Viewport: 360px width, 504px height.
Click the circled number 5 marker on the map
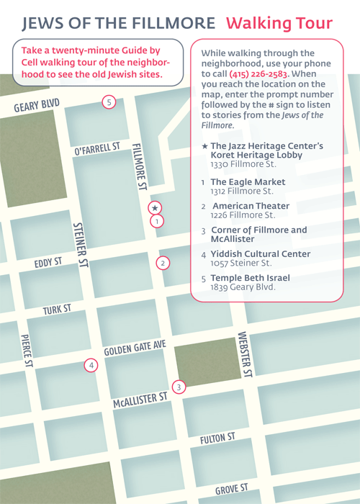pos(108,102)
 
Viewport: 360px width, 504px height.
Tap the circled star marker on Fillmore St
pos(154,208)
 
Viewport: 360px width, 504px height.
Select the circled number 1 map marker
pos(156,222)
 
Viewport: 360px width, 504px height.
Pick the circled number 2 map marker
pos(163,263)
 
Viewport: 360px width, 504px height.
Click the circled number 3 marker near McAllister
pos(180,387)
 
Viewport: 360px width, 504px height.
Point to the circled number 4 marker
pos(91,365)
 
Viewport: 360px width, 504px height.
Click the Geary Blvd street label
pos(35,107)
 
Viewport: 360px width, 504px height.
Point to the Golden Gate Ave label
pos(135,348)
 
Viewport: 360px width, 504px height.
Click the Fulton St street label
pos(217,438)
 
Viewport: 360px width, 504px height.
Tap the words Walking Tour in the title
pos(289,22)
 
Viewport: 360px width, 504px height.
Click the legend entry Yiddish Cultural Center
pos(260,254)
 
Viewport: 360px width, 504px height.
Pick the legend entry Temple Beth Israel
pos(250,278)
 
